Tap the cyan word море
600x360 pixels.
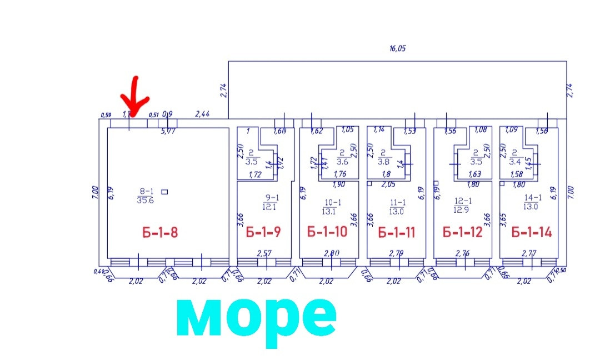(x=256, y=317)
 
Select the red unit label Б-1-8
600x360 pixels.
(x=160, y=232)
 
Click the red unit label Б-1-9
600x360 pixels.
(x=263, y=232)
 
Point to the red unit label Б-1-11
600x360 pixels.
(x=397, y=232)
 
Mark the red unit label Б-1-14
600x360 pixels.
(x=531, y=232)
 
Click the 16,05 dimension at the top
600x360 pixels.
(x=397, y=48)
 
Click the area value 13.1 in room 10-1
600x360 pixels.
(x=329, y=211)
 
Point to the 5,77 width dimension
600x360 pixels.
(x=168, y=132)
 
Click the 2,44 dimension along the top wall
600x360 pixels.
(x=202, y=114)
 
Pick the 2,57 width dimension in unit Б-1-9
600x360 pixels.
(x=264, y=253)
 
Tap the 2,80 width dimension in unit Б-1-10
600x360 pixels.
(x=332, y=253)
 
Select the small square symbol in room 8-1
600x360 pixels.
(x=164, y=192)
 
